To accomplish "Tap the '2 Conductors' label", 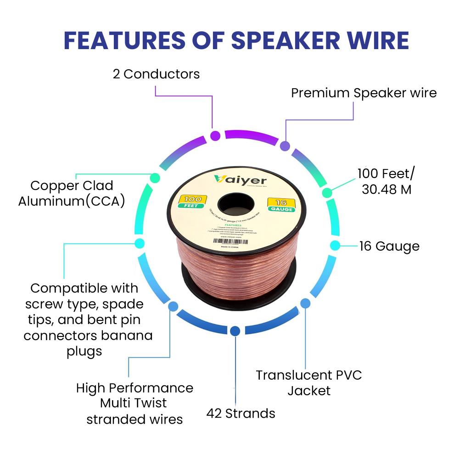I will [x=157, y=74].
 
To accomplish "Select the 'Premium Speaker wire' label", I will [x=364, y=93].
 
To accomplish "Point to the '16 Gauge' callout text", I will [x=389, y=246].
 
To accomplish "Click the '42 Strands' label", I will [x=241, y=414].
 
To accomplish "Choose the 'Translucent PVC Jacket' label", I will [x=309, y=383].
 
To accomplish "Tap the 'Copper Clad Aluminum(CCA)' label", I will [x=72, y=193].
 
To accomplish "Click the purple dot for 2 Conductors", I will [x=215, y=135].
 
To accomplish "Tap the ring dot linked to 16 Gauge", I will [x=335, y=245].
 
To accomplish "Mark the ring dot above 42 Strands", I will [x=235, y=330].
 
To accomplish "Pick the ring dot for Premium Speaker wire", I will [x=285, y=146].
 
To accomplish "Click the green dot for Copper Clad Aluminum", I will [x=155, y=177].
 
